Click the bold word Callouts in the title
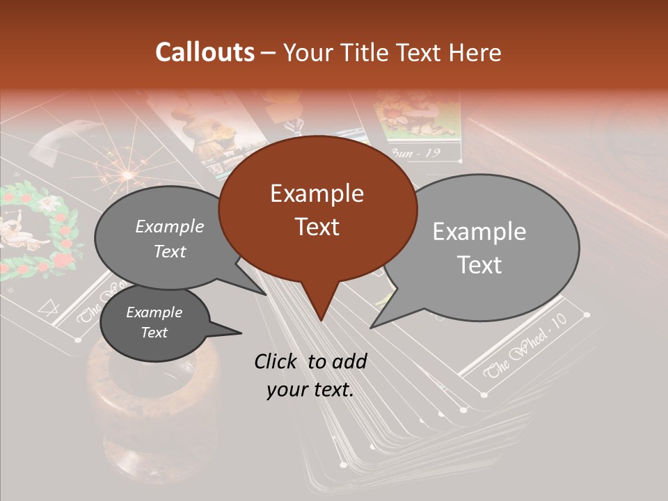coord(205,52)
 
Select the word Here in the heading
coord(474,53)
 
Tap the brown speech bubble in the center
coord(317,209)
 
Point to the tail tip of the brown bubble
coord(321,320)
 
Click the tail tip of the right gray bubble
coord(372,327)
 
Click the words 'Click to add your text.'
coord(310,375)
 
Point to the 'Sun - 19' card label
coord(416,152)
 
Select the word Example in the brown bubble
coord(317,193)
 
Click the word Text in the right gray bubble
coord(480,265)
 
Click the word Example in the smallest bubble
coord(154,312)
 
